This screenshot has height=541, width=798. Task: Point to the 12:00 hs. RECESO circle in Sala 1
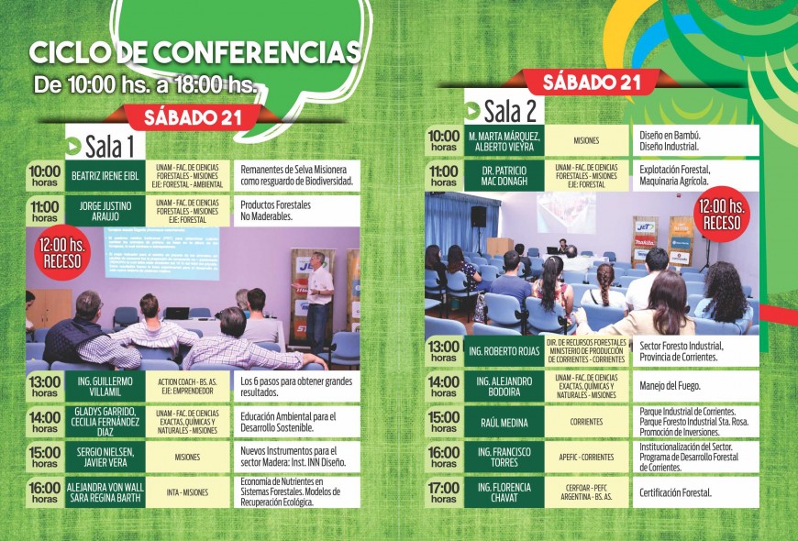pyautogui.click(x=61, y=253)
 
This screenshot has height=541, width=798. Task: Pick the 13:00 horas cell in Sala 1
pyautogui.click(x=44, y=386)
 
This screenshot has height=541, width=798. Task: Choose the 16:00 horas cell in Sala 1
pyautogui.click(x=44, y=492)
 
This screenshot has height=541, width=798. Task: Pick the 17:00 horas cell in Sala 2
pyautogui.click(x=443, y=492)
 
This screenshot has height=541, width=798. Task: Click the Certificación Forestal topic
pyautogui.click(x=676, y=492)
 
